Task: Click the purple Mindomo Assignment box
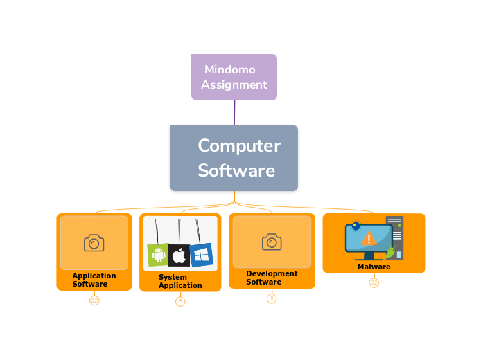point(234,77)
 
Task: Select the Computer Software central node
point(234,158)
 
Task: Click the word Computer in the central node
point(239,146)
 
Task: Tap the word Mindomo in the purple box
point(230,69)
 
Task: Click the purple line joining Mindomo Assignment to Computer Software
point(234,113)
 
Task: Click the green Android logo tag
point(158,255)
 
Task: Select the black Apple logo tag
point(179,255)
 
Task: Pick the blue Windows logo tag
point(201,254)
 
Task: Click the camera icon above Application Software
point(94,243)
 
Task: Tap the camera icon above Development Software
point(272,242)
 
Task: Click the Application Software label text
point(94,280)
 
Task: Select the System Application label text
point(180,281)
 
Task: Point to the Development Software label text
point(272,278)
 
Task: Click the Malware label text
point(374,267)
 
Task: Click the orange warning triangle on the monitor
point(369,239)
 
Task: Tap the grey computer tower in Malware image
point(396,235)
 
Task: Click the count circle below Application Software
point(94,300)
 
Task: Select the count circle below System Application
point(180,301)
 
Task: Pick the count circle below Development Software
point(272,298)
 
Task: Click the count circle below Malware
point(374,282)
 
